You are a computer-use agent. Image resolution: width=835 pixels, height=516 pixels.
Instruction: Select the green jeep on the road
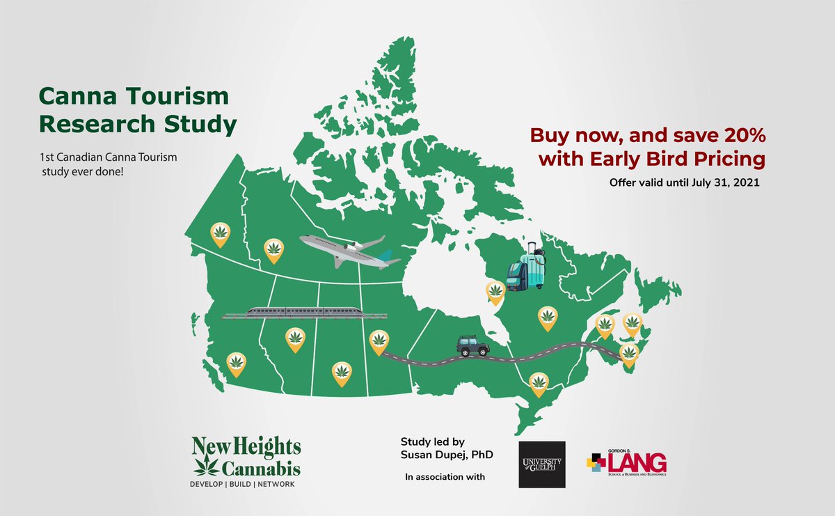pos(472,346)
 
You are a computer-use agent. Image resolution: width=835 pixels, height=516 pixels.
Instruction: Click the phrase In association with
pos(445,477)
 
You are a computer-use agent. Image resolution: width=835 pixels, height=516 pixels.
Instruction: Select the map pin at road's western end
pos(379,341)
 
